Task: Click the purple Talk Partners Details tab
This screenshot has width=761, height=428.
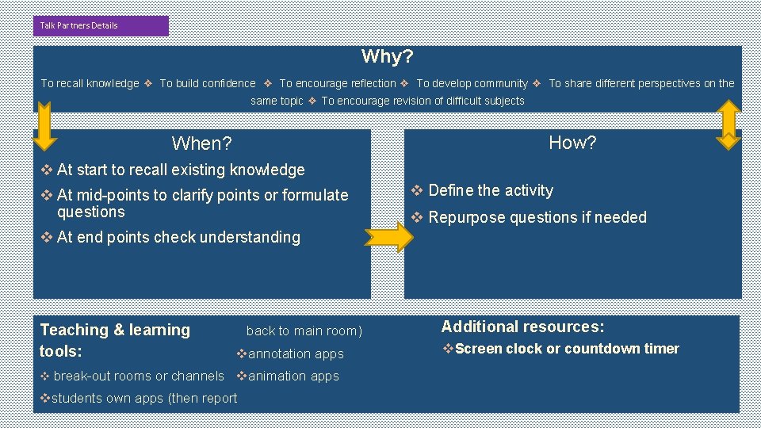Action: (101, 25)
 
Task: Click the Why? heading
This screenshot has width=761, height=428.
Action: (387, 56)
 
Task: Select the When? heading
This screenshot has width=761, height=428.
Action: (201, 143)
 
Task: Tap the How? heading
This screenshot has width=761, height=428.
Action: (572, 143)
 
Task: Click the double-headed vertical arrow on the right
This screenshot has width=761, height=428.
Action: (728, 124)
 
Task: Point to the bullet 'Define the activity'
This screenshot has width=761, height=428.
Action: (490, 190)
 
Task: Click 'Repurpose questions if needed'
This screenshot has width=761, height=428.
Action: (537, 217)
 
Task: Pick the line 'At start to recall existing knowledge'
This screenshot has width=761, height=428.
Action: (180, 170)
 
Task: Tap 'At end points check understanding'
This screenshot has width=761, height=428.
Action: (178, 237)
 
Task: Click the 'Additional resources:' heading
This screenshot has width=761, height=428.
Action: (522, 327)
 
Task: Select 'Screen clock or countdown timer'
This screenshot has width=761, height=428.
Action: (567, 349)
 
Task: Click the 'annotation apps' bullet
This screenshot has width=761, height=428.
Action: (295, 354)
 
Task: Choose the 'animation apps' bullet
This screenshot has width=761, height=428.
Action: (293, 376)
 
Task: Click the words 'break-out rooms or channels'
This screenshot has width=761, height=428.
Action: (138, 376)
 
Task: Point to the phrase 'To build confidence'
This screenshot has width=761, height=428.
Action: (208, 83)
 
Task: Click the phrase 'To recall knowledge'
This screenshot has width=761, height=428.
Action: (90, 83)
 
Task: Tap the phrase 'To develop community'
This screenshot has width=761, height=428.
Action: (472, 83)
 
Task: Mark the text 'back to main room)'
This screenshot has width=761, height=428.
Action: (304, 331)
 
